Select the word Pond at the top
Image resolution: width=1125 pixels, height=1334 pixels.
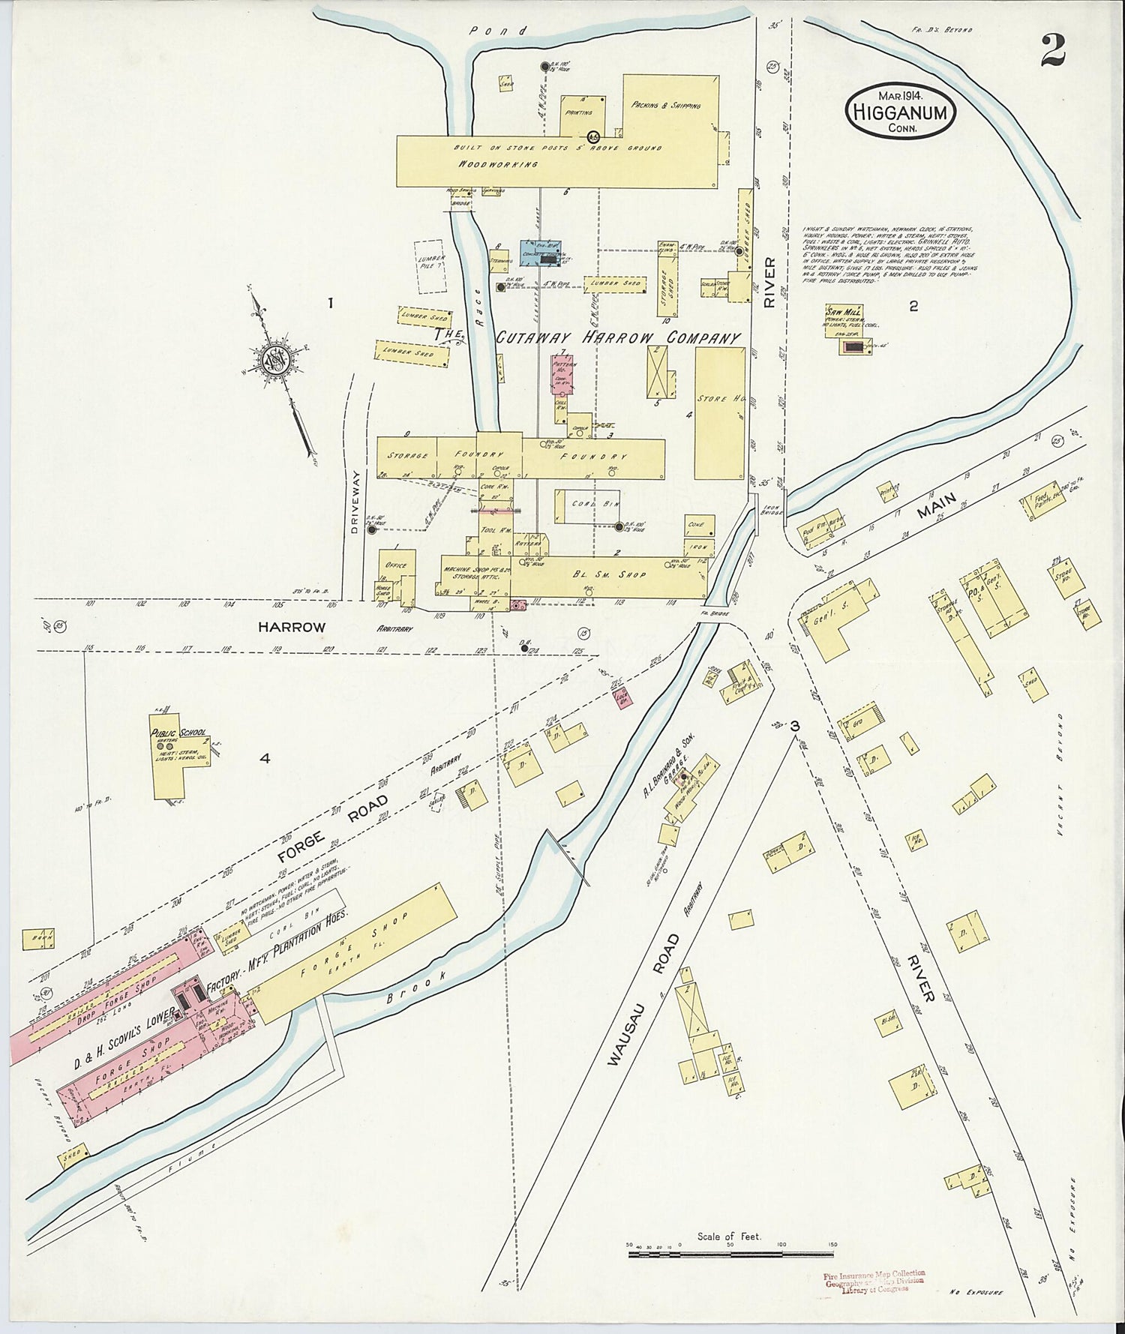click(489, 31)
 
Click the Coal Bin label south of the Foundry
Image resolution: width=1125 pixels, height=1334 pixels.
click(589, 504)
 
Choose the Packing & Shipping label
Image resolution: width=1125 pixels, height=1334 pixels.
click(666, 105)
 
